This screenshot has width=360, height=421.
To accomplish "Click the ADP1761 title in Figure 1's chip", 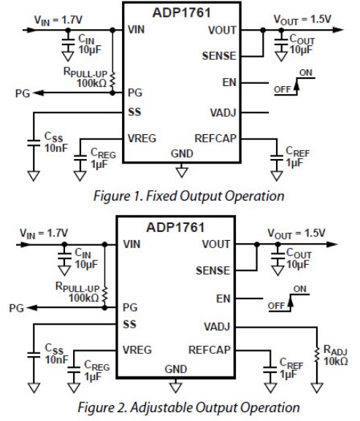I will [180, 12].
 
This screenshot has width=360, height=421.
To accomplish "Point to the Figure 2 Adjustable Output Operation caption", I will [180, 406].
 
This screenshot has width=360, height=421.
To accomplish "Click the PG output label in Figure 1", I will [23, 93].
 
